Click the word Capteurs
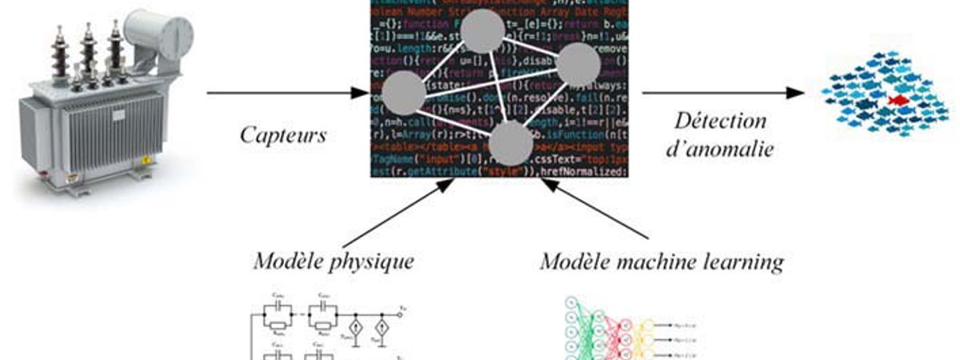pyautogui.click(x=284, y=135)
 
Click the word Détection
pyautogui.click(x=719, y=122)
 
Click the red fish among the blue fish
pyautogui.click(x=897, y=100)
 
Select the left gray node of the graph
pyautogui.click(x=403, y=92)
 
